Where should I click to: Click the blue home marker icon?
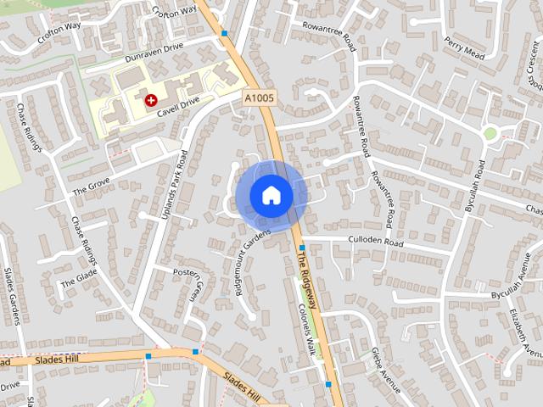pyautogui.click(x=271, y=195)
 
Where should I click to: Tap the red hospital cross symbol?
pyautogui.click(x=151, y=100)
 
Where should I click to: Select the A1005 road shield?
pyautogui.click(x=258, y=98)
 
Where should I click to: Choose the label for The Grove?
pyautogui.click(x=91, y=186)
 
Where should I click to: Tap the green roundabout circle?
pyautogui.click(x=490, y=133)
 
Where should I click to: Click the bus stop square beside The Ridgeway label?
pyautogui.click(x=302, y=248)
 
